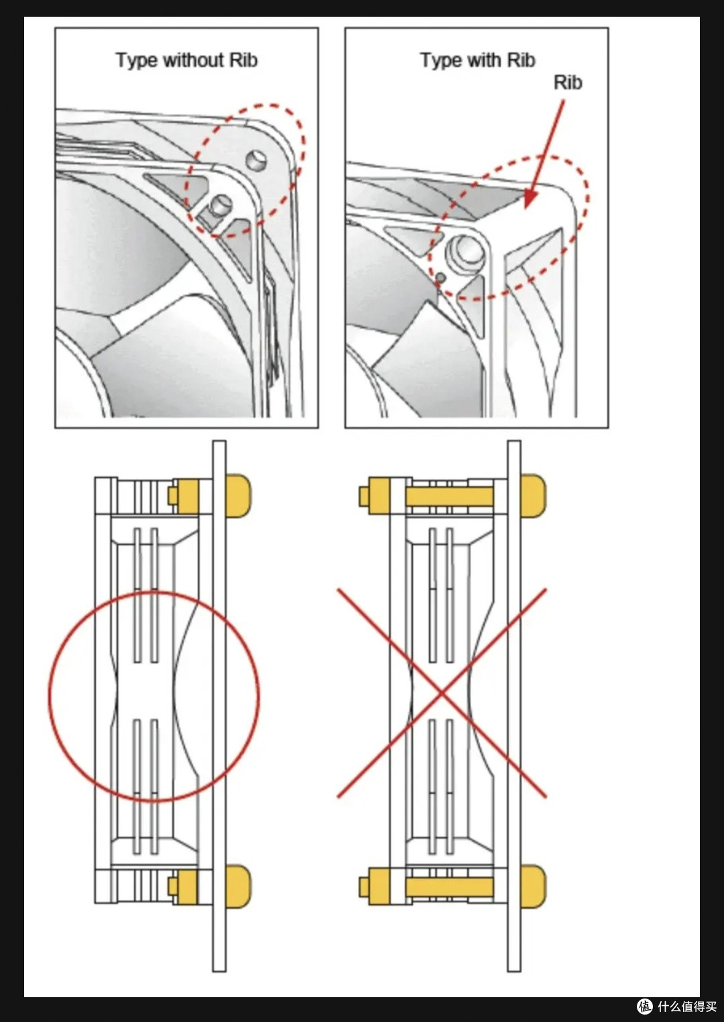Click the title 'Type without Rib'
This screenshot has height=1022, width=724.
(x=186, y=60)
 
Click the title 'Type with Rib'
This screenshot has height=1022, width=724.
(x=477, y=60)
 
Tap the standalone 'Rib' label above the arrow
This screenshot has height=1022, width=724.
(x=568, y=82)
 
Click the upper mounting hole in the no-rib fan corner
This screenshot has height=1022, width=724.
(x=256, y=160)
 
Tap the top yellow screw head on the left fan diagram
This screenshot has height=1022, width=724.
(x=238, y=496)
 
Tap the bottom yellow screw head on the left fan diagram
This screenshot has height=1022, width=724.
(x=238, y=886)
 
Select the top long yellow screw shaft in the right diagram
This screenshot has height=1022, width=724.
(x=449, y=496)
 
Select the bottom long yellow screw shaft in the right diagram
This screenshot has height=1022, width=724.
(x=449, y=887)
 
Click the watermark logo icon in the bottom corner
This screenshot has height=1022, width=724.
(x=645, y=1006)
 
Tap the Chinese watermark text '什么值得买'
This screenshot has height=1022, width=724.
(x=687, y=1006)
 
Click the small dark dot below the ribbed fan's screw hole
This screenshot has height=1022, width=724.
(x=440, y=277)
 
